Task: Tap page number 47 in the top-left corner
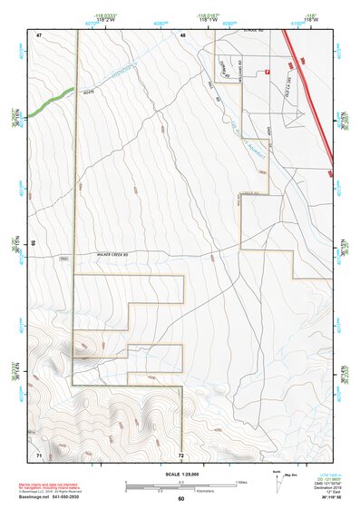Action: click(40, 34)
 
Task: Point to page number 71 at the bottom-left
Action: click(39, 454)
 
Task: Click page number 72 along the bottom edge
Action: click(181, 454)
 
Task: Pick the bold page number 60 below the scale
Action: click(181, 499)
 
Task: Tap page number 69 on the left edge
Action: click(35, 243)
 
